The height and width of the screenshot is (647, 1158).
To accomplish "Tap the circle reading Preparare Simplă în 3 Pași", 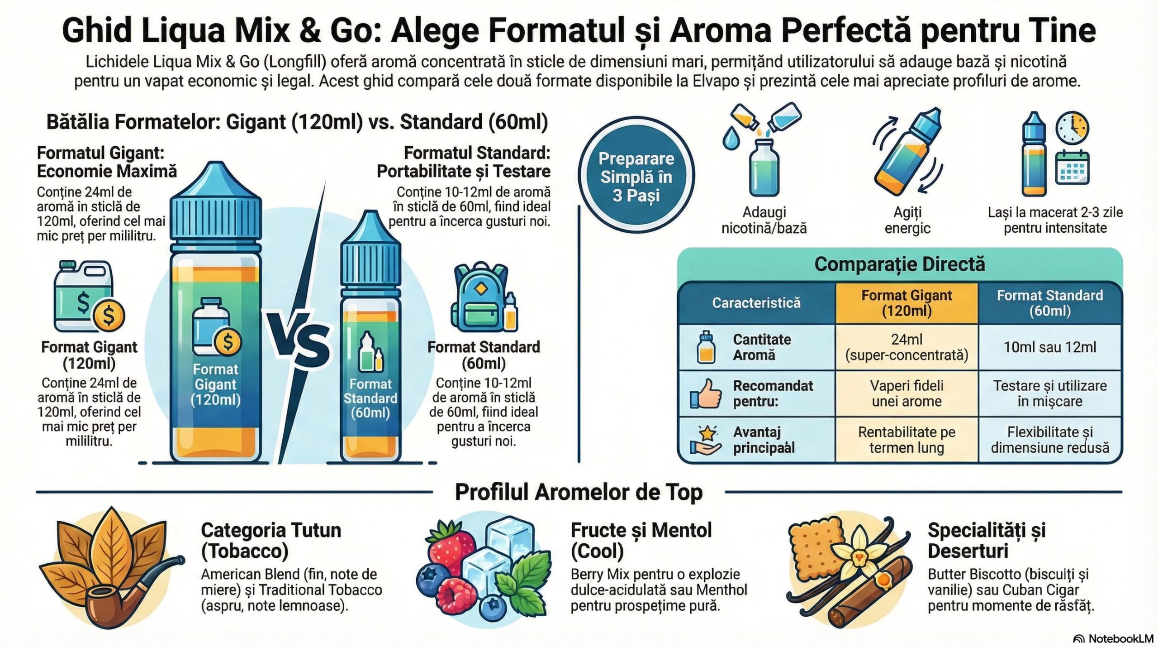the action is point(636,177).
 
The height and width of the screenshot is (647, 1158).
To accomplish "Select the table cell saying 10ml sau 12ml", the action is point(1050,347).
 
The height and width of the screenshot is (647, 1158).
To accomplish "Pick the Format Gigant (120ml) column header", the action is point(906,303).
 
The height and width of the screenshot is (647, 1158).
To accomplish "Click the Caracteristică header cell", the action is point(756,303).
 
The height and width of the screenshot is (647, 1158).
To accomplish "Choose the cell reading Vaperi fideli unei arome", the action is point(906,393).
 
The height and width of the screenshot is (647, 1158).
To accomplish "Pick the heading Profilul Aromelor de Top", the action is point(579,493).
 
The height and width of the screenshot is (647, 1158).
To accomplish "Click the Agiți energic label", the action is point(907,220).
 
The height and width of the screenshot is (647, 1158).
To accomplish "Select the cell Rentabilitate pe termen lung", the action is point(906,440).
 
